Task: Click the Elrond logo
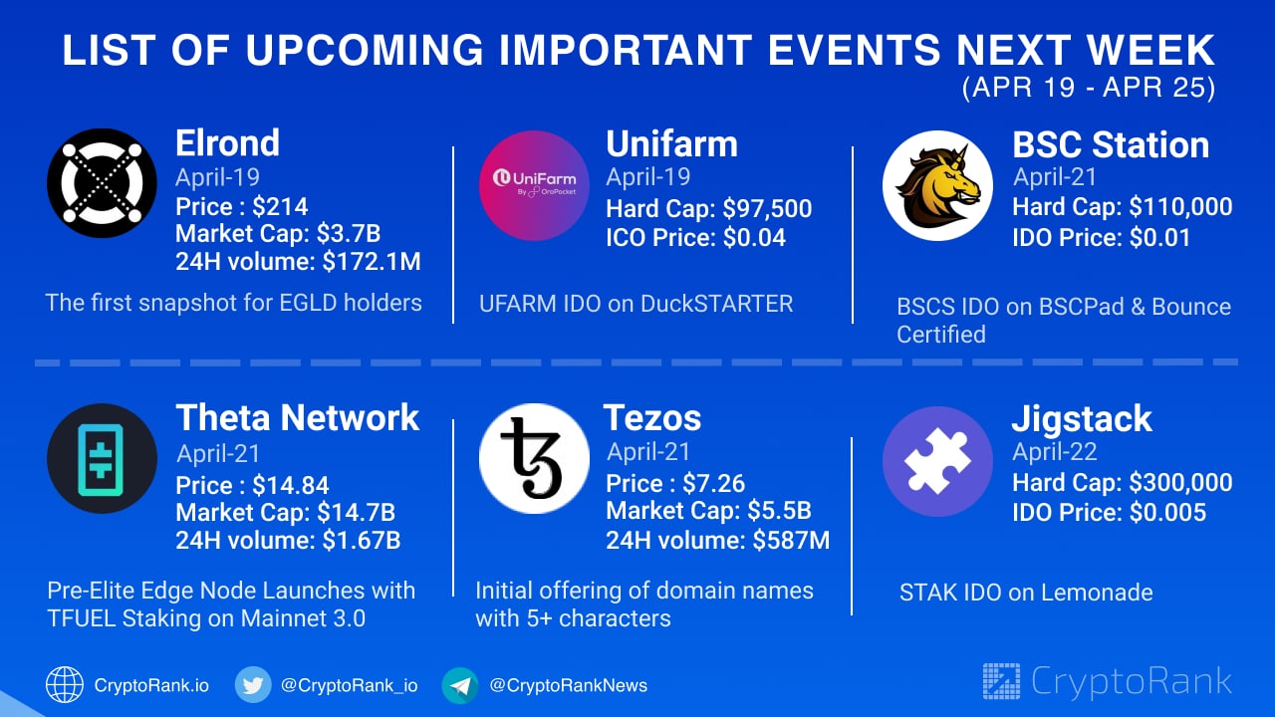pyautogui.click(x=102, y=183)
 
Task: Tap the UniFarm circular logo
pyautogui.click(x=534, y=185)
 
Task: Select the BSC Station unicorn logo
pyautogui.click(x=937, y=185)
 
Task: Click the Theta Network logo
pyautogui.click(x=102, y=459)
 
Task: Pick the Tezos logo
pyautogui.click(x=534, y=459)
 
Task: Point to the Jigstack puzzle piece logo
pyautogui.click(x=937, y=461)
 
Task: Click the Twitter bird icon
pyautogui.click(x=253, y=685)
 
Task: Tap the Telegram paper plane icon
pyautogui.click(x=460, y=686)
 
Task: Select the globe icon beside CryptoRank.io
pyautogui.click(x=65, y=685)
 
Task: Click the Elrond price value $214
pyautogui.click(x=280, y=206)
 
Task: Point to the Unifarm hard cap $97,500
pyautogui.click(x=767, y=209)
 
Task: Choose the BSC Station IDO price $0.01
pyautogui.click(x=1159, y=238)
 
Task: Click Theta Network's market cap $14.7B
pyautogui.click(x=356, y=513)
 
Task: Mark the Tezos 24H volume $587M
pyautogui.click(x=791, y=541)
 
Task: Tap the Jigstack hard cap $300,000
pyautogui.click(x=1180, y=483)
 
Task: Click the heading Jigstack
pyautogui.click(x=1082, y=419)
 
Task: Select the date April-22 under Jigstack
pyautogui.click(x=1055, y=452)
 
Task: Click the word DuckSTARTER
pyautogui.click(x=716, y=304)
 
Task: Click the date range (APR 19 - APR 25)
pyautogui.click(x=1089, y=88)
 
